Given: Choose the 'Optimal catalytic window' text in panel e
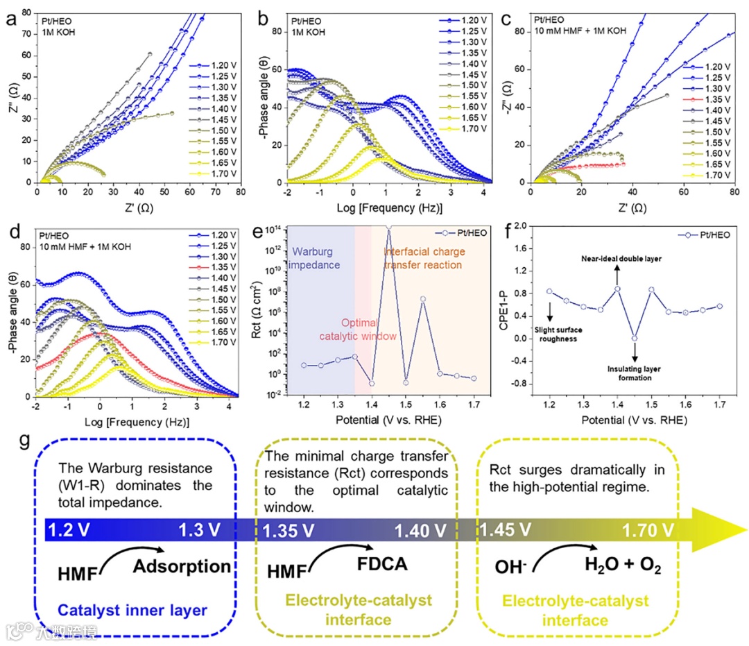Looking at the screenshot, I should click(345, 330).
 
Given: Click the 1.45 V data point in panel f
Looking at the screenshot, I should click(635, 338).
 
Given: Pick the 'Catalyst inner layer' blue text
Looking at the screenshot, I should click(132, 611).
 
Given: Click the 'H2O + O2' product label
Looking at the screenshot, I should click(621, 568).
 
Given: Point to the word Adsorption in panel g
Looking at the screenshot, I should click(182, 567).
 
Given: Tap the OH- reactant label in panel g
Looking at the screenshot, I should click(510, 569).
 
